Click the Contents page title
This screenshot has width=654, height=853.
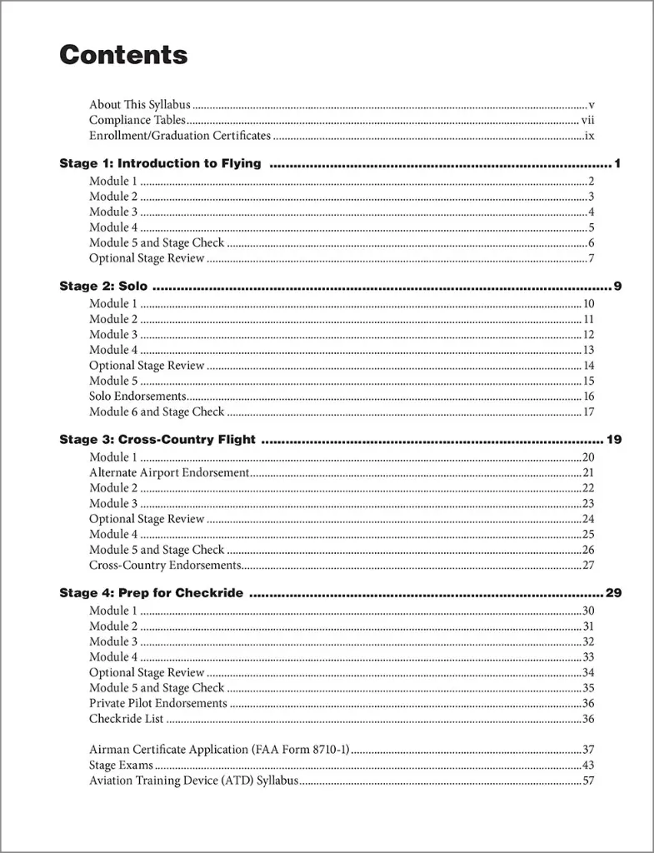[x=123, y=55]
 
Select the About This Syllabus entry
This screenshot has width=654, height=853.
[x=140, y=105]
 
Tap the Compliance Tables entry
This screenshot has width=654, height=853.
[x=137, y=120]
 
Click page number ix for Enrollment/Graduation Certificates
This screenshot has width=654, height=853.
[x=588, y=135]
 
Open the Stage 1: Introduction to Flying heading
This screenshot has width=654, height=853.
[x=160, y=163]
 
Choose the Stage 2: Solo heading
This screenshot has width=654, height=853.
[x=103, y=287]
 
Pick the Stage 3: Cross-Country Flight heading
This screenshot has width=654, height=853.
[x=157, y=440]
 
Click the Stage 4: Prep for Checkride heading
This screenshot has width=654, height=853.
[x=152, y=593]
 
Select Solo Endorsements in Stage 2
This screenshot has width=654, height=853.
[x=137, y=397]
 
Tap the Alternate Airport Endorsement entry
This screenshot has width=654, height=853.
[x=169, y=472]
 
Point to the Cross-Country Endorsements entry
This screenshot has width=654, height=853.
[x=165, y=565]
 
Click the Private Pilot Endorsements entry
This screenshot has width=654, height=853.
[x=158, y=703]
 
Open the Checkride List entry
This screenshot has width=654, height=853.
[x=127, y=719]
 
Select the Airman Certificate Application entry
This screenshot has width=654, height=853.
[x=219, y=750]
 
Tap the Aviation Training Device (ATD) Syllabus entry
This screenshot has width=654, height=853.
[x=193, y=781]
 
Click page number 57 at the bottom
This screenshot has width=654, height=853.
[x=587, y=781]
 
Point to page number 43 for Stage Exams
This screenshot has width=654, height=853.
[x=587, y=765]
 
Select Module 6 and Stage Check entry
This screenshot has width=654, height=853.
[x=157, y=412]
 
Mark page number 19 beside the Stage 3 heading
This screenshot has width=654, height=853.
[x=614, y=440]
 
